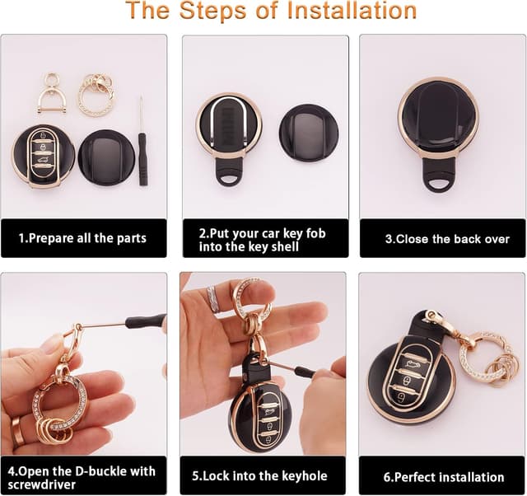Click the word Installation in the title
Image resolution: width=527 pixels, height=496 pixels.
352,11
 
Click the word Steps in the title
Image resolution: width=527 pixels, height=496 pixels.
212,11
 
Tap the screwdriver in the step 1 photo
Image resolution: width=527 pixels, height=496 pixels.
142,141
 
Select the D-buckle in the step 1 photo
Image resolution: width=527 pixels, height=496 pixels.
49,93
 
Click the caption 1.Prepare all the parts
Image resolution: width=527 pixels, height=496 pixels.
82,238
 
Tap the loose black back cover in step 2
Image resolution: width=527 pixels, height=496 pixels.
309,133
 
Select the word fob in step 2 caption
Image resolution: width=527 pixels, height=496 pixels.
315,233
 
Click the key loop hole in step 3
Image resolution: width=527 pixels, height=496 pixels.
440,184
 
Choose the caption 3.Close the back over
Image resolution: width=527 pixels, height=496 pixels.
447,239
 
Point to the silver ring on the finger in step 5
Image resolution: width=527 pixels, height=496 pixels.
213,299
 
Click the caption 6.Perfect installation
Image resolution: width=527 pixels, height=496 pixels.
444,477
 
